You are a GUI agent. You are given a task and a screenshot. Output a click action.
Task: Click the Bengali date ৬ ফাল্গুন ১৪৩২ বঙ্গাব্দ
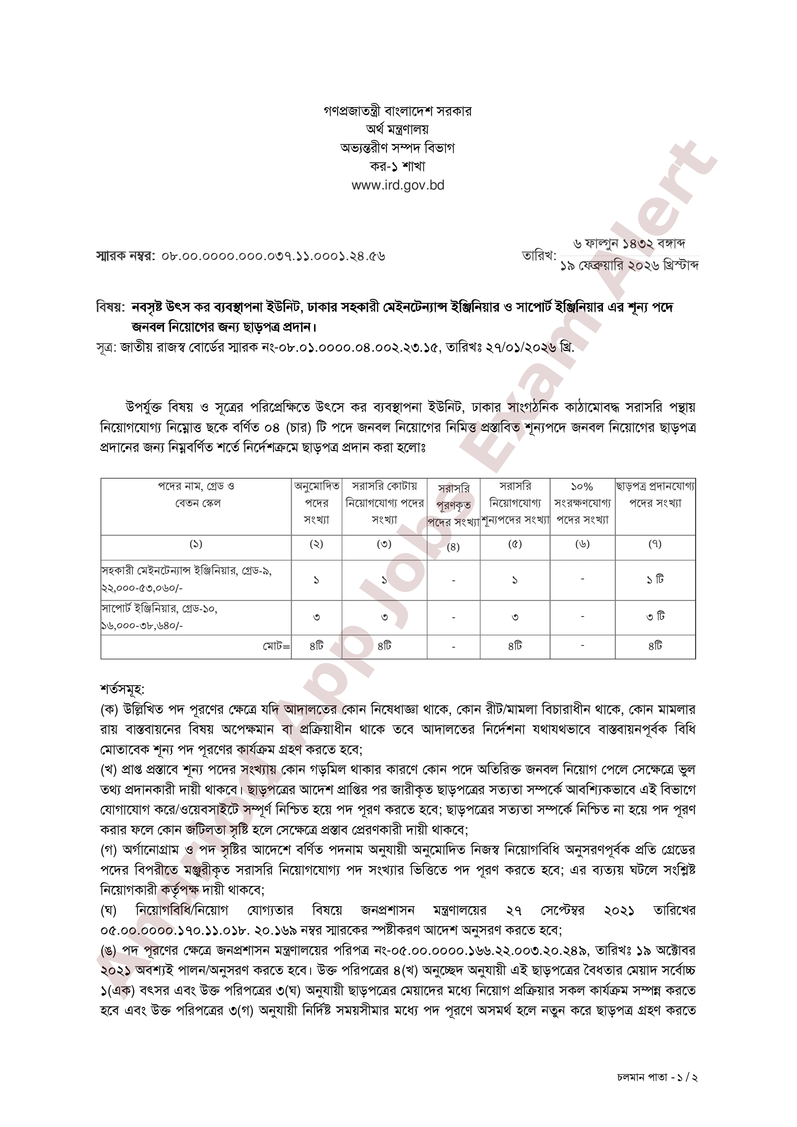point(630,244)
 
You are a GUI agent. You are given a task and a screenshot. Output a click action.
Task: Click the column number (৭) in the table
point(655,544)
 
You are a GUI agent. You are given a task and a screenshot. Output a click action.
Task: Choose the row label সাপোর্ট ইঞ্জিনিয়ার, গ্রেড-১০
point(160,609)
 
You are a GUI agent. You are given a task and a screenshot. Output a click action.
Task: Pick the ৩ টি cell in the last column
point(655,617)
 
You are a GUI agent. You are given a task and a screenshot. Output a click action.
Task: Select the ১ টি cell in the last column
point(655,580)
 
